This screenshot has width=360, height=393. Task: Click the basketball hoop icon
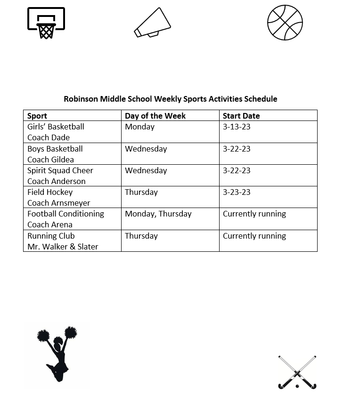pos(46,23)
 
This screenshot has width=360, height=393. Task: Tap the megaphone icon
pos(152,23)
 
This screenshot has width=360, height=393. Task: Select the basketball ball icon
pos(285,23)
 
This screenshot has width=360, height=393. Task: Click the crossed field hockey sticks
pos(297,372)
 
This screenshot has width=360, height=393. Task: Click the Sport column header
pos(37,116)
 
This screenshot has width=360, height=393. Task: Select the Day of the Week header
pos(155,116)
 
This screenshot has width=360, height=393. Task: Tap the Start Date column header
pos(241,116)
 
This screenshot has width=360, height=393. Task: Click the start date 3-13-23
pos(237,127)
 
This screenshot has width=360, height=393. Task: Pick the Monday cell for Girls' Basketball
pos(139,127)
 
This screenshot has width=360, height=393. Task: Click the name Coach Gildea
pos(50,160)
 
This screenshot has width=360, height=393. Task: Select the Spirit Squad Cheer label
pos(60,170)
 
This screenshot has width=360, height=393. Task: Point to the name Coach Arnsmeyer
pos(59,203)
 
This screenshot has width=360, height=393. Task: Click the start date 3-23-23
pos(237,192)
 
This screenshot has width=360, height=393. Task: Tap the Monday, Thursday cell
pos(158,214)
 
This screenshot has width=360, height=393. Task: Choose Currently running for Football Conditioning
pos(254,214)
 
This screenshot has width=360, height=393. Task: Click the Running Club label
pos(51,236)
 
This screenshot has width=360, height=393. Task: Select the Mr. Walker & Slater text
pos(63,247)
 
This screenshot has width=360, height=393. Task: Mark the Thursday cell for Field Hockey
pos(141,192)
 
